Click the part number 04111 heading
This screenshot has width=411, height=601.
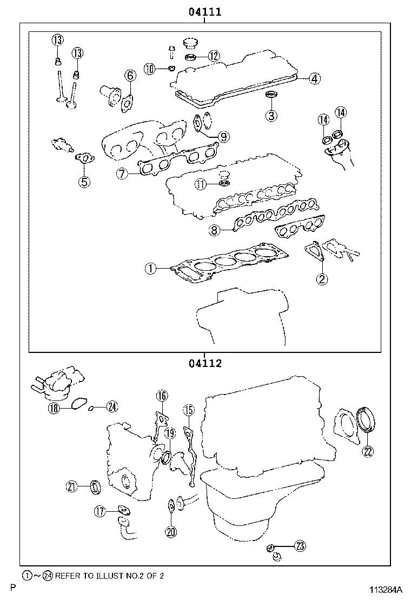click(x=205, y=12)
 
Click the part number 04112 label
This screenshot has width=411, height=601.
click(x=205, y=364)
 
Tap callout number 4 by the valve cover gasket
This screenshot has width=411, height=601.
click(x=315, y=79)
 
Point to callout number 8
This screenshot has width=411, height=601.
click(x=215, y=231)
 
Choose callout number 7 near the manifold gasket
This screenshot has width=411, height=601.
click(x=122, y=173)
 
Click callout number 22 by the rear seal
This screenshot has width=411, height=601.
click(x=368, y=452)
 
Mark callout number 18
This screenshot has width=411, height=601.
click(x=53, y=409)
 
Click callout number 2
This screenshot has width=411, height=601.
click(x=322, y=279)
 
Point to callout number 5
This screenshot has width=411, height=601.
click(x=84, y=182)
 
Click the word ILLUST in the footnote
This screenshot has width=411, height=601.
click(x=95, y=576)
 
